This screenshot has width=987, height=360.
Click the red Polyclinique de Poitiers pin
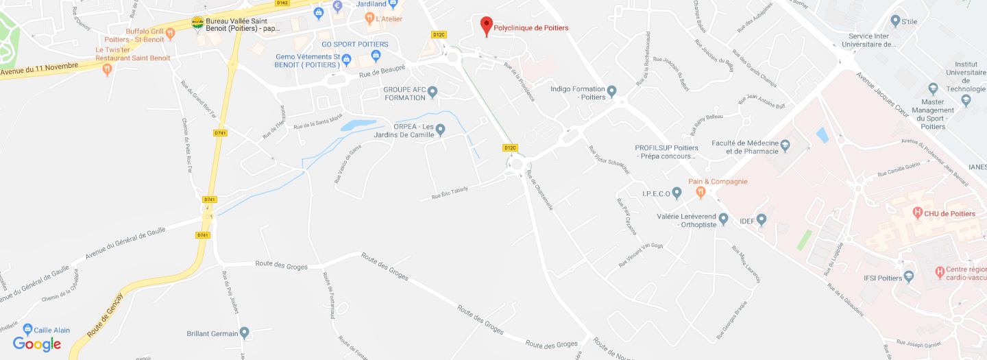[486, 25]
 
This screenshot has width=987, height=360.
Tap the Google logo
[37, 344]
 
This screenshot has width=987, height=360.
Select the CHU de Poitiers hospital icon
[916, 213]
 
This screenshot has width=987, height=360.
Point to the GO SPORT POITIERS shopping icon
[376, 55]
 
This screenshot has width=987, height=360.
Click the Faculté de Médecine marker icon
[785, 145]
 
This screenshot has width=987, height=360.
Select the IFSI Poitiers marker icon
[910, 277]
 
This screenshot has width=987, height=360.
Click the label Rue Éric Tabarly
[450, 193]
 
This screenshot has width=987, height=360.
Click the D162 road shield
[283, 3]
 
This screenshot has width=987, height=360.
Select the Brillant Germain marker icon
[245, 334]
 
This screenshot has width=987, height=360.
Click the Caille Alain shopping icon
[27, 329]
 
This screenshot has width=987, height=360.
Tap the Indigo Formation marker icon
[612, 91]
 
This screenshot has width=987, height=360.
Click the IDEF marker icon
[761, 219]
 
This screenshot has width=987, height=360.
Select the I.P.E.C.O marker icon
[677, 193]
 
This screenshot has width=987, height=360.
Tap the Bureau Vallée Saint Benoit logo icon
[197, 23]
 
